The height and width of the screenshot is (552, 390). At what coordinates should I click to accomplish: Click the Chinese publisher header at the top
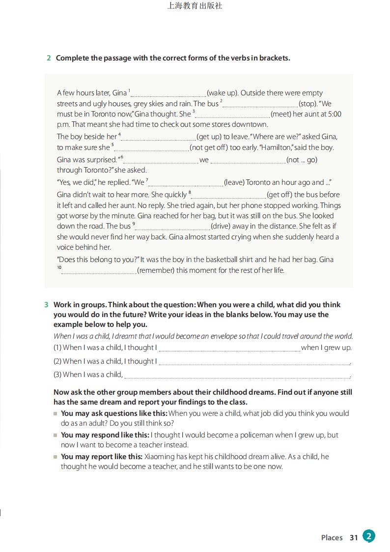pyautogui.click(x=195, y=6)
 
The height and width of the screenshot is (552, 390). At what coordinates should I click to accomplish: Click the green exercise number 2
pyautogui.click(x=49, y=58)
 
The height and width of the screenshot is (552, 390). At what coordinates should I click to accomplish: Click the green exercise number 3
pyautogui.click(x=46, y=305)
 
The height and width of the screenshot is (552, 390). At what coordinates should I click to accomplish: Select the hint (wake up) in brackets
pyautogui.click(x=223, y=93)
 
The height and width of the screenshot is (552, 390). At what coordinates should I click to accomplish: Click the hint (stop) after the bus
pyautogui.click(x=308, y=104)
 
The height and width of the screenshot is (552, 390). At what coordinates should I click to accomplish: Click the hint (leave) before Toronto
pyautogui.click(x=234, y=182)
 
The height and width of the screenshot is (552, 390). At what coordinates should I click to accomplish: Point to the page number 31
pyautogui.click(x=354, y=538)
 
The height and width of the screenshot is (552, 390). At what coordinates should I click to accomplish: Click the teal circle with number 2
pyautogui.click(x=369, y=536)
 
